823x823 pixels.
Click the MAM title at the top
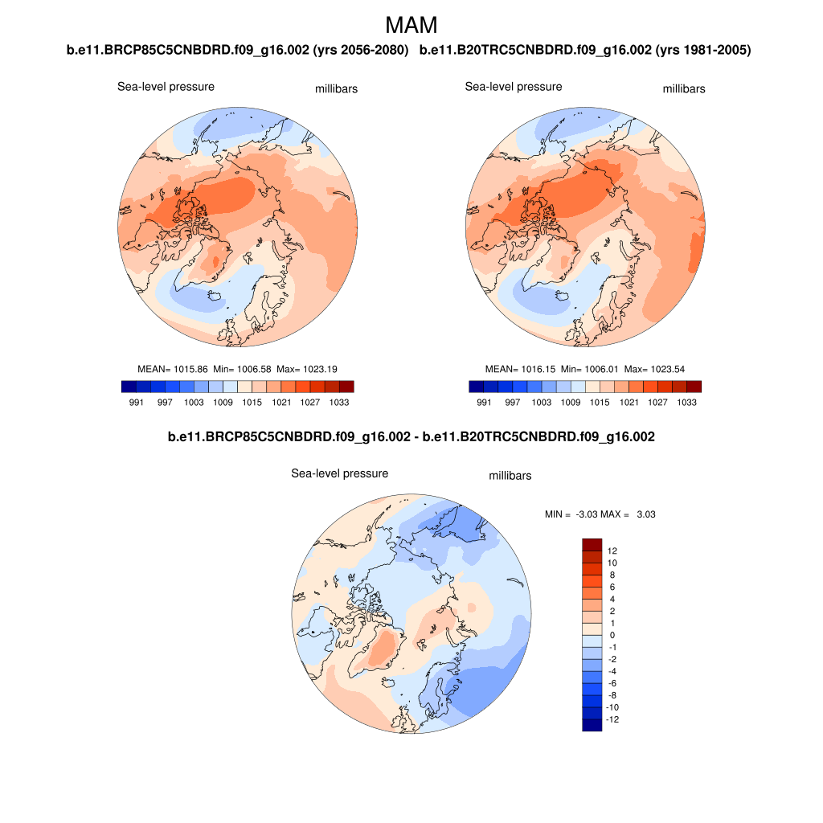coord(411,25)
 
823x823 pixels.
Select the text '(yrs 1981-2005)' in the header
coord(703,51)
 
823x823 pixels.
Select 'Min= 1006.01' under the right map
coord(588,369)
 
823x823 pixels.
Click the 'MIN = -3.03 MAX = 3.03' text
coord(600,514)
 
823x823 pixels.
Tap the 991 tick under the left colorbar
coord(136,401)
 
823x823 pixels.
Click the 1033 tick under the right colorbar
coord(686,401)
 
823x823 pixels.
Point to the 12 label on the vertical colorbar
coord(612,551)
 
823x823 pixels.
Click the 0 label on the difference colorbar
coord(612,636)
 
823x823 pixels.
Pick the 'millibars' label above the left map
coord(336,89)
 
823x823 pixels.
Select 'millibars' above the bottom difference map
coord(510,476)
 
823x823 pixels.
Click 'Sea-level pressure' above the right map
coord(514,86)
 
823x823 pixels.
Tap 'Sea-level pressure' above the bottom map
coord(339,473)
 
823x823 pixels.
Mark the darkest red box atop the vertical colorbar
coord(592,544)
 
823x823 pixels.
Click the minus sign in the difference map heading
coord(415,437)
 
